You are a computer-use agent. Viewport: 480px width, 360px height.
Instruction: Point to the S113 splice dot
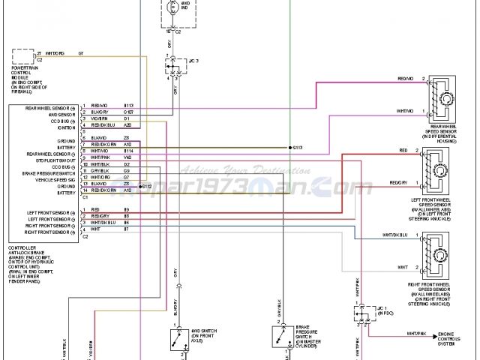(x=289, y=148)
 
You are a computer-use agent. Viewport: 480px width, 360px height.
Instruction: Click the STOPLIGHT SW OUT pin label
(x=56, y=160)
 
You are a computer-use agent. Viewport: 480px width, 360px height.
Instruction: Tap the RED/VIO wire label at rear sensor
(x=406, y=79)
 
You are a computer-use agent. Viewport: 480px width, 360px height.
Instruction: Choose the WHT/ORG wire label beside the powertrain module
(x=55, y=54)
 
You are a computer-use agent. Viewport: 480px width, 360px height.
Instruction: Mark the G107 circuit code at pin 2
(x=128, y=112)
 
